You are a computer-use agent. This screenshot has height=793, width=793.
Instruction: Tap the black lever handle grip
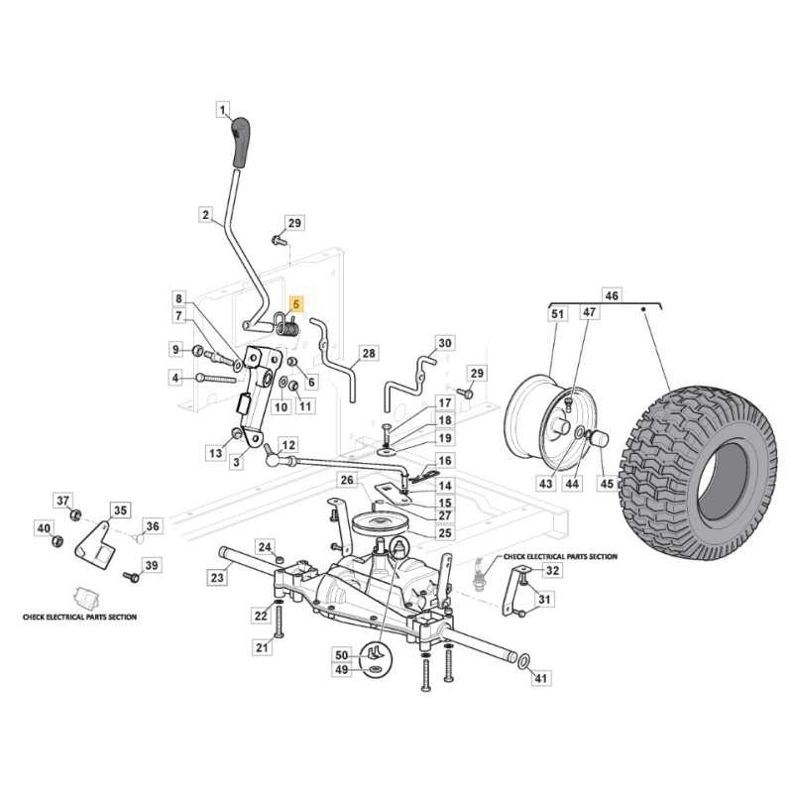(241, 142)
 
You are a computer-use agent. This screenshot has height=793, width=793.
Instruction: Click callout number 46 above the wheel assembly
(612, 295)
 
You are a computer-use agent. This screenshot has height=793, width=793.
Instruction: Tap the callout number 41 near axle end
(540, 678)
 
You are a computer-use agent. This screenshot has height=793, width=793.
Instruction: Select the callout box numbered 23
(216, 576)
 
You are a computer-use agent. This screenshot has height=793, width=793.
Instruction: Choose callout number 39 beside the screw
(151, 565)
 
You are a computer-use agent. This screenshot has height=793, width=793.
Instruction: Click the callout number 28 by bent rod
(368, 353)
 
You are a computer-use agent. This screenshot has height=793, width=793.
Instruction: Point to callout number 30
(444, 343)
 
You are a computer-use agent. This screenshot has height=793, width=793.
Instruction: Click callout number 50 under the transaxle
(342, 655)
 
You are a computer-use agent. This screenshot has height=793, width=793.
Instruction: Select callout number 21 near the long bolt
(263, 647)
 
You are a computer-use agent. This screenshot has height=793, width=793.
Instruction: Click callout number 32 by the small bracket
(552, 571)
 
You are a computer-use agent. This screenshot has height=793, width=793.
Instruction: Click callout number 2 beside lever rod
(205, 213)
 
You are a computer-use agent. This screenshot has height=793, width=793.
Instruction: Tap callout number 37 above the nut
(62, 500)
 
